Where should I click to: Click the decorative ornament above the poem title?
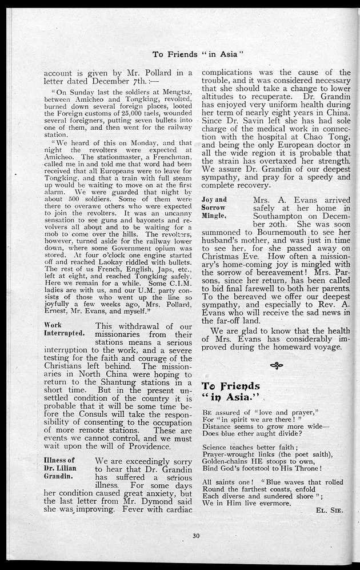click(x=276, y=366)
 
